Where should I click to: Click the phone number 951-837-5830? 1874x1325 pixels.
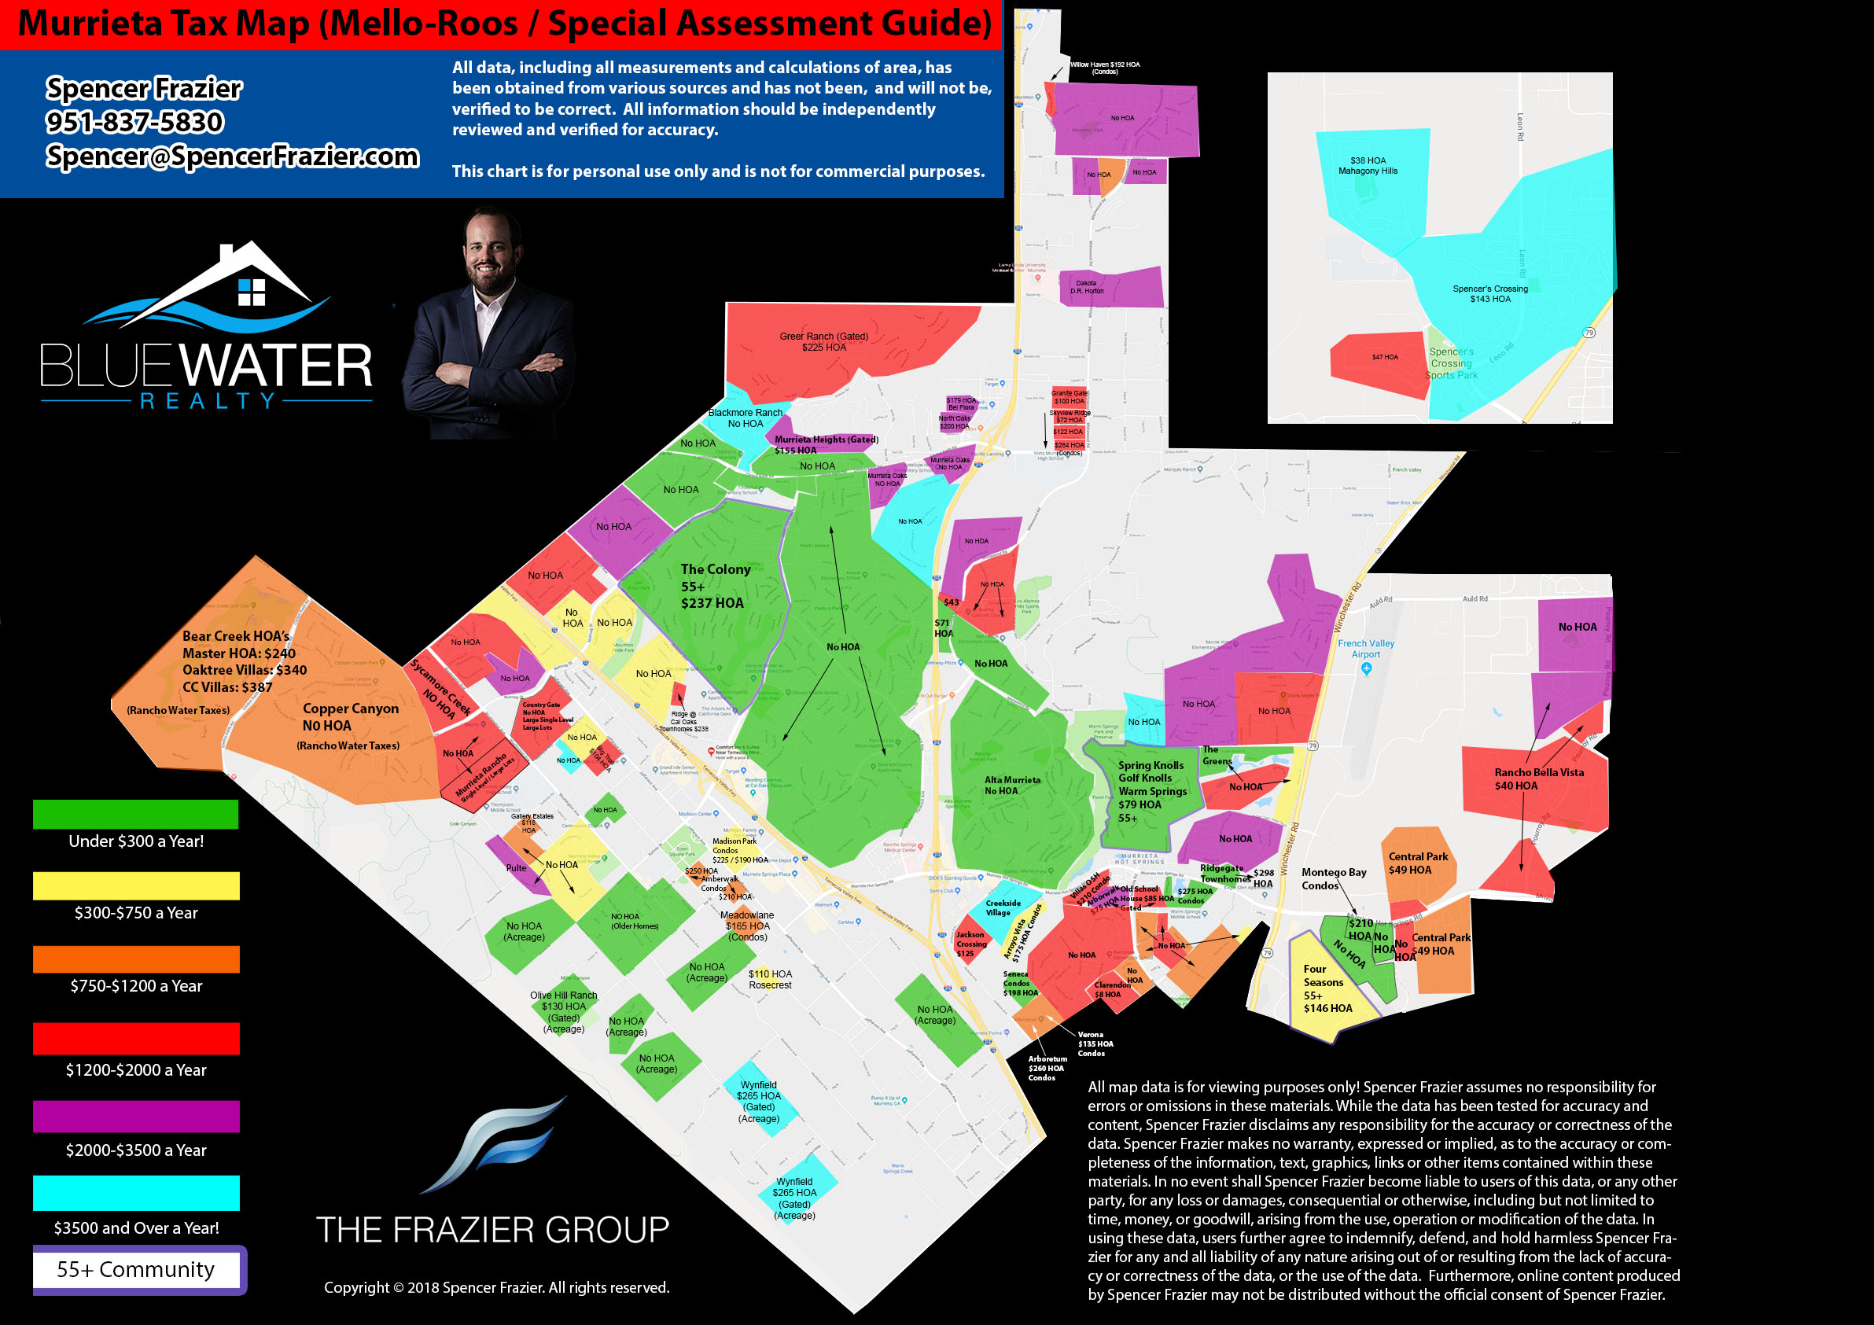pos(134,123)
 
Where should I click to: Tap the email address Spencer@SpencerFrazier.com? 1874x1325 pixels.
pos(233,156)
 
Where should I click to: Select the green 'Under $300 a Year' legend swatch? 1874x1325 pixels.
pos(135,814)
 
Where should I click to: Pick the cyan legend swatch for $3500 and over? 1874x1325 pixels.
pos(135,1193)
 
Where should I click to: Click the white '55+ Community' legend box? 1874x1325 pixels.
pos(136,1269)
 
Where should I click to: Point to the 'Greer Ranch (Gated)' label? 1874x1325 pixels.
pos(823,337)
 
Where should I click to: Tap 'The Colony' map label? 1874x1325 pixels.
pos(715,569)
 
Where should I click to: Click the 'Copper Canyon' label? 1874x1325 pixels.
pos(351,709)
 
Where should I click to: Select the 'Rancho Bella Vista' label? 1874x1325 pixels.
pos(1538,772)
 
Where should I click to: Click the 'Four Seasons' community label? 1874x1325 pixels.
pos(1323,976)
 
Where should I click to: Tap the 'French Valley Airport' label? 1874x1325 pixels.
pos(1365,648)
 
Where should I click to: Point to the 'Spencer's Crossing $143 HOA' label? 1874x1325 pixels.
pos(1489,294)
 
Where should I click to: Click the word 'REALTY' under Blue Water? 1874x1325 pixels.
pos(208,401)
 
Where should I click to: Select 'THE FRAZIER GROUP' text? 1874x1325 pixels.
pos(492,1230)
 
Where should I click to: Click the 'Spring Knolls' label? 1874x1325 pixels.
pos(1150,766)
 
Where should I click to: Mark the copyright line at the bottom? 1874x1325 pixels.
pos(496,1287)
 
